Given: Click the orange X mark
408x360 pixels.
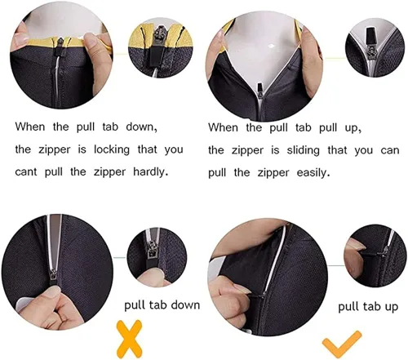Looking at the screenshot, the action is [129, 339].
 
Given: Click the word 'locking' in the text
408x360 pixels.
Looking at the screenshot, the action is [112, 150].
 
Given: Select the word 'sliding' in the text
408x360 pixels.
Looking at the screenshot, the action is [303, 150].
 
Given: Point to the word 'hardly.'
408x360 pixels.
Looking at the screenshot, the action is [149, 172].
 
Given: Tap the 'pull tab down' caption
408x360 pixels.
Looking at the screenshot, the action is [162, 305].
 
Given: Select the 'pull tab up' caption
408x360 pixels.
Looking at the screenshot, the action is [368, 307].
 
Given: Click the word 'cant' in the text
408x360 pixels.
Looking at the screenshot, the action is [26, 172].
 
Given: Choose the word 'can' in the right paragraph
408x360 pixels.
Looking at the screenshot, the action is [390, 151].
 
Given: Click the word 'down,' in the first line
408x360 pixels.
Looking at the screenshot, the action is [141, 127].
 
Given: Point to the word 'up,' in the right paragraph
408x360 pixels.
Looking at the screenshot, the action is [353, 128].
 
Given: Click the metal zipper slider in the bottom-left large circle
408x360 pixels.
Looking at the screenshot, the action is [53, 276].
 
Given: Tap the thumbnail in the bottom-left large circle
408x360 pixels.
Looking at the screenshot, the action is [51, 293].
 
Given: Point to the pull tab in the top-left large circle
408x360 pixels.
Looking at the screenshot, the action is [60, 48].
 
